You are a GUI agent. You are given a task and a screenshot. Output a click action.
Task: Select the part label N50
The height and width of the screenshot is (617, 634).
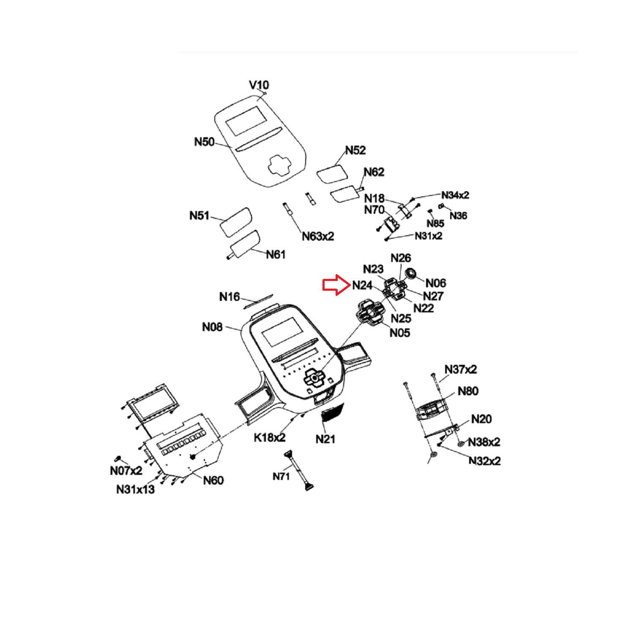204,142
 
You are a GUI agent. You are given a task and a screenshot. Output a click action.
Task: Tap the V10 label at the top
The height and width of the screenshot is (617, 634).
259,85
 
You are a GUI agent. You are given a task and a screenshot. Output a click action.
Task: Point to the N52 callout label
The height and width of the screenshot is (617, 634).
355,150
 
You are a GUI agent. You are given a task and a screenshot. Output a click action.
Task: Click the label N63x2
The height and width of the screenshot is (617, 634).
318,236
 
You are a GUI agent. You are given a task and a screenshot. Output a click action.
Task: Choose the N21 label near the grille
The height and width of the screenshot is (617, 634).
325,439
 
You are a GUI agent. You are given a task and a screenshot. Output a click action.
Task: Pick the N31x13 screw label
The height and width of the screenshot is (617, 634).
135,489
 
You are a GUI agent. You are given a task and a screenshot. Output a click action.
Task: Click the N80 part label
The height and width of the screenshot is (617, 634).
468,391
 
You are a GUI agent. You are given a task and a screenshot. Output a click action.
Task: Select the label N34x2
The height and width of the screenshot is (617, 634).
455,195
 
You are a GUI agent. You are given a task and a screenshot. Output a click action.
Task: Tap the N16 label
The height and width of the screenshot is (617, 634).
230,297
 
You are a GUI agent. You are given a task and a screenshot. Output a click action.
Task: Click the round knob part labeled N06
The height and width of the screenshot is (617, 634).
410,273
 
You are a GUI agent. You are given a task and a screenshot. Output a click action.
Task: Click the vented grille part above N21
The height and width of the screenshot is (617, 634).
333,412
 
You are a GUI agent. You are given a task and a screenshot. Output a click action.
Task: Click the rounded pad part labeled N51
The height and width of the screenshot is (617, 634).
236,222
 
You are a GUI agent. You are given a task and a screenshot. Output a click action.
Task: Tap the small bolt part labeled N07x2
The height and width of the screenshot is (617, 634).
118,459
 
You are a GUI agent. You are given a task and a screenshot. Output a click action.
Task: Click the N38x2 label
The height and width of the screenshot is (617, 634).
484,442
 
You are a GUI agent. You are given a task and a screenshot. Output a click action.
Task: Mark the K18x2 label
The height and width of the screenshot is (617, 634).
270,438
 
